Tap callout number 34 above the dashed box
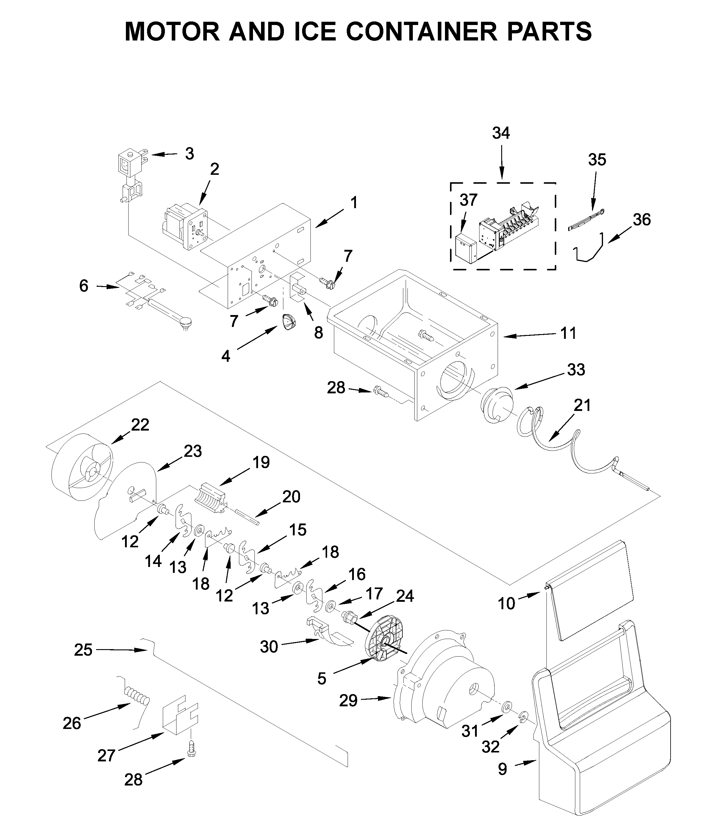coord(501,133)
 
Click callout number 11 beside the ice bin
coord(568,333)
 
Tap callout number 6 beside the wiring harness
coord(84,286)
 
